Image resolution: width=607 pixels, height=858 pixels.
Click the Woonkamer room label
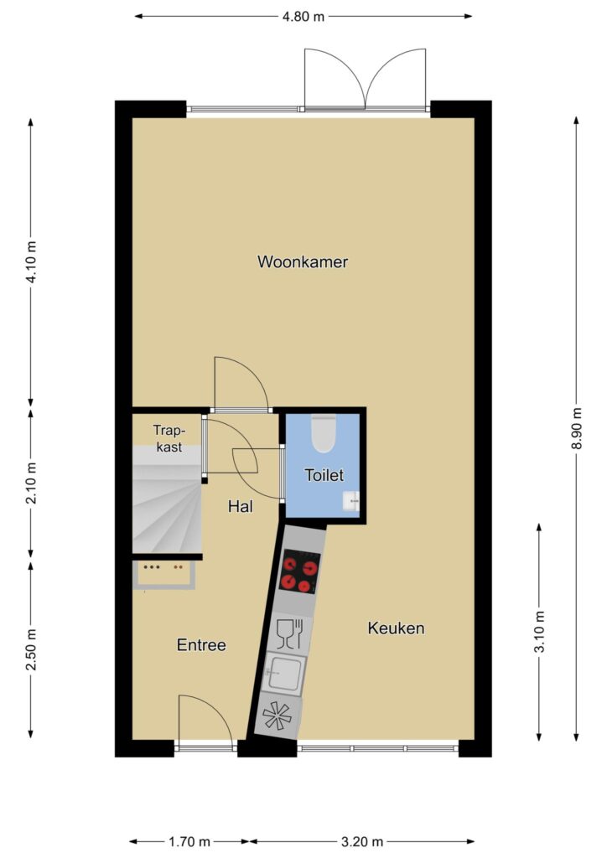302,261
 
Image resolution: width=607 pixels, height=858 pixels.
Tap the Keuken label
396,628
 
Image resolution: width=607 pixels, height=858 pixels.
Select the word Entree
201,644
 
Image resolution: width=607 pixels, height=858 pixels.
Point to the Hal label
241,506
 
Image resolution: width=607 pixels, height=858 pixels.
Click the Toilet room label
324,475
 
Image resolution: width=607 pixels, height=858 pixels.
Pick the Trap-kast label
169,438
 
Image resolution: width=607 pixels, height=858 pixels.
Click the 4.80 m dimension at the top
303,17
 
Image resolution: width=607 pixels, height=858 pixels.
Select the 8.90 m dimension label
576,429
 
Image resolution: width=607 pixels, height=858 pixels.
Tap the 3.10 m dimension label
539,632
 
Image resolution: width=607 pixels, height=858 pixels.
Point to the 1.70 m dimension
189,841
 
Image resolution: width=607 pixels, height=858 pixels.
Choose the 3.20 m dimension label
362,841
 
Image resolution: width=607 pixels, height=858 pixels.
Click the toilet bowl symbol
323,433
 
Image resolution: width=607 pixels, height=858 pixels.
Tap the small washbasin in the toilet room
350,501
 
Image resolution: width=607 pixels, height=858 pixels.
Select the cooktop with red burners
299,571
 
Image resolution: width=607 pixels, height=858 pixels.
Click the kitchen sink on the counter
283,674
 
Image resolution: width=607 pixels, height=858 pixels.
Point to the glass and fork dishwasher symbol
289,633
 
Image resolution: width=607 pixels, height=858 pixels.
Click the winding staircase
167,501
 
